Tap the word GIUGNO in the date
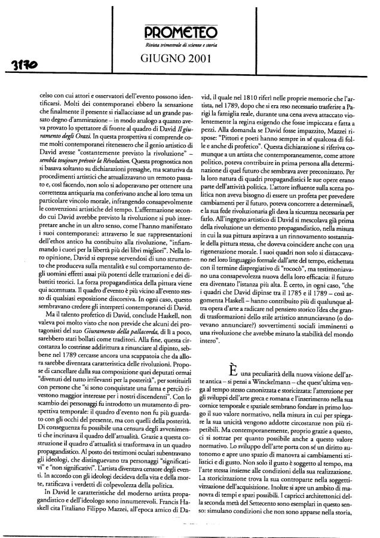tap(165, 59)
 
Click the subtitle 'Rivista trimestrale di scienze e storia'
tap(190, 45)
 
